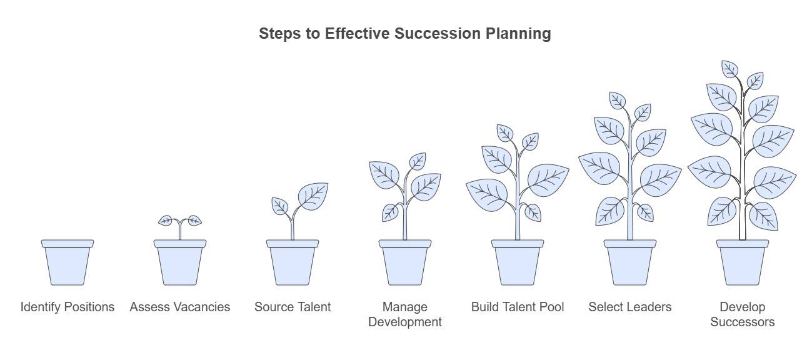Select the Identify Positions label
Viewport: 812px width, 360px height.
[68, 307]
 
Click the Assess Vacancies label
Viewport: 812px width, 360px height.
[180, 307]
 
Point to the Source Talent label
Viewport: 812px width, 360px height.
[293, 307]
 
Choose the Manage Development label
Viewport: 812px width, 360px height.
[405, 314]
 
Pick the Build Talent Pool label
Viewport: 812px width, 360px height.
[518, 307]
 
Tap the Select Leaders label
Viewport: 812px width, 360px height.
[630, 307]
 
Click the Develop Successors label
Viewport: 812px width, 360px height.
[743, 314]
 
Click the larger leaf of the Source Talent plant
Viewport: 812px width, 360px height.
[313, 196]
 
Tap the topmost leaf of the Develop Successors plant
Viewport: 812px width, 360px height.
[730, 69]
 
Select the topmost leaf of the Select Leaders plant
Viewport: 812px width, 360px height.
[618, 100]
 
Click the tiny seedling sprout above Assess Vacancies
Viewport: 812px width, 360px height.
[180, 222]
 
